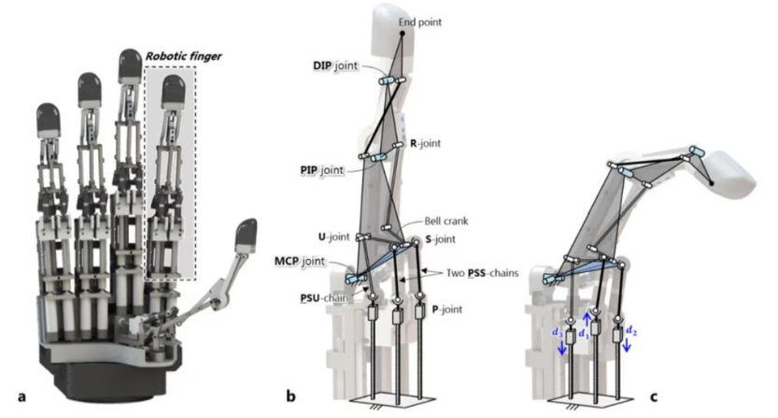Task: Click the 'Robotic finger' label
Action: pos(184,56)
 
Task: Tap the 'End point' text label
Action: pos(419,22)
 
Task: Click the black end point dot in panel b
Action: pos(403,34)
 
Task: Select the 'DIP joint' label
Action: pos(335,66)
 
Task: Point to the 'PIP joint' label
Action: pos(322,170)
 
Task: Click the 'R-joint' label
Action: pos(425,144)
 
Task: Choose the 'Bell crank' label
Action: pos(446,222)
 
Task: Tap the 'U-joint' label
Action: pos(334,238)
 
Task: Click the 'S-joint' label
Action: pos(441,239)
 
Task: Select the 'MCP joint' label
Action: pos(300,262)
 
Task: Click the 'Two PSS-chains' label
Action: pos(482,273)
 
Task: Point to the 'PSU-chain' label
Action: pos(324,298)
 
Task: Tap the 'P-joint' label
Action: pos(447,310)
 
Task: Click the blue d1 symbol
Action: pos(584,334)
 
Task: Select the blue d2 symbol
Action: pos(631,330)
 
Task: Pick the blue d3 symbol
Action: pos(558,332)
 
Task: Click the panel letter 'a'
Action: pos(21,396)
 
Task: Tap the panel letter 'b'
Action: pos(291,396)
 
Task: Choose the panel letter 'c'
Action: pos(654,396)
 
